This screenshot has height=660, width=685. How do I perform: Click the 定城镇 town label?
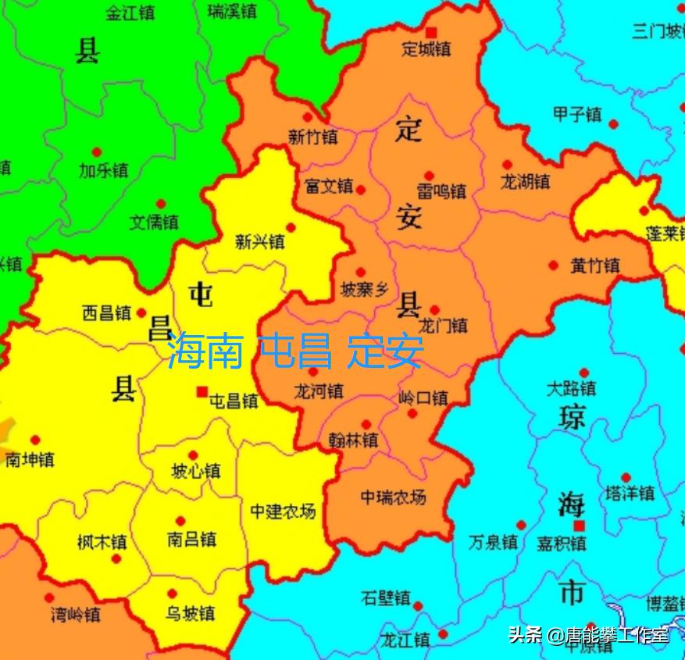click(426, 48)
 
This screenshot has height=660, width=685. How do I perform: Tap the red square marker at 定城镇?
click(430, 32)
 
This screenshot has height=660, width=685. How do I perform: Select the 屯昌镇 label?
click(234, 401)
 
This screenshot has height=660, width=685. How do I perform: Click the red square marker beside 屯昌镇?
click(202, 391)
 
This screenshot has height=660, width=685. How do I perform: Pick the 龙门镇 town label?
click(443, 325)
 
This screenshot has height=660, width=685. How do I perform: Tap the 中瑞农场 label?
click(393, 497)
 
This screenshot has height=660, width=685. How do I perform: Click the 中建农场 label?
click(283, 512)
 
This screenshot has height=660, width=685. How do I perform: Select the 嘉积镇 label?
click(562, 543)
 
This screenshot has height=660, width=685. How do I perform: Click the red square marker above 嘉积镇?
click(579, 526)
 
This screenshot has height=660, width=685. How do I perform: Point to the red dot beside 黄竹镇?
click(553, 266)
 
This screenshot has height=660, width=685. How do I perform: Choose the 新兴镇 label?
click(259, 242)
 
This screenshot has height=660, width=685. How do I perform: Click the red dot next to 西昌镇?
click(141, 313)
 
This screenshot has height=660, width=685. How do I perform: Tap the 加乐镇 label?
click(103, 169)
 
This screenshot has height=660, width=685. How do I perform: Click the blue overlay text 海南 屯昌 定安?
click(295, 351)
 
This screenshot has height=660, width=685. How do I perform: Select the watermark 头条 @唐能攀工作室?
click(589, 635)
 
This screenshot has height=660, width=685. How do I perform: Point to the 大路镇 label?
click(571, 389)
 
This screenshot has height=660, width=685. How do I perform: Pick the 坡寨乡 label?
click(365, 290)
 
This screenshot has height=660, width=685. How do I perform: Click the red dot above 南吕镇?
click(180, 521)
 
